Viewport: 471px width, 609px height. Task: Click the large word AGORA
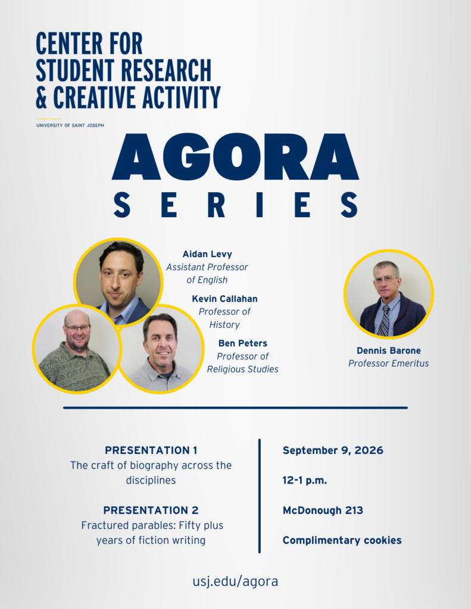235,157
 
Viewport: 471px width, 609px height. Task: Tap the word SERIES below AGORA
236,205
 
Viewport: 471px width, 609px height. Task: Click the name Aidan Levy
207,254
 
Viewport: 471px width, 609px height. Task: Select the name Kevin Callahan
225,299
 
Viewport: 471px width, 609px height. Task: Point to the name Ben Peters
243,343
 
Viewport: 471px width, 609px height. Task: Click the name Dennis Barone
389,351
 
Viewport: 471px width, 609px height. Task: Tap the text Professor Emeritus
389,363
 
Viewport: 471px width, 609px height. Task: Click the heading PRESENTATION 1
151,450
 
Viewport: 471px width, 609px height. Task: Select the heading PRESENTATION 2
151,510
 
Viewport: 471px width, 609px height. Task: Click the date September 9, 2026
333,451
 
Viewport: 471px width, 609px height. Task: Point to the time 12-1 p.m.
304,481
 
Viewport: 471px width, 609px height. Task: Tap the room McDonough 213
323,510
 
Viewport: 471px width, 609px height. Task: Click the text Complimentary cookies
342,540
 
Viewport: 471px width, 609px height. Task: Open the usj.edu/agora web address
235,582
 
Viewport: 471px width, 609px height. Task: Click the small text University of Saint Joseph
70,125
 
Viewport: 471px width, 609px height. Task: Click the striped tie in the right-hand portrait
384,321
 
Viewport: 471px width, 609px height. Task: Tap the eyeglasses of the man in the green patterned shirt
77,328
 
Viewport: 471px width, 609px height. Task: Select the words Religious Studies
243,369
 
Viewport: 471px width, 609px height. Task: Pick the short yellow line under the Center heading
49,119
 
